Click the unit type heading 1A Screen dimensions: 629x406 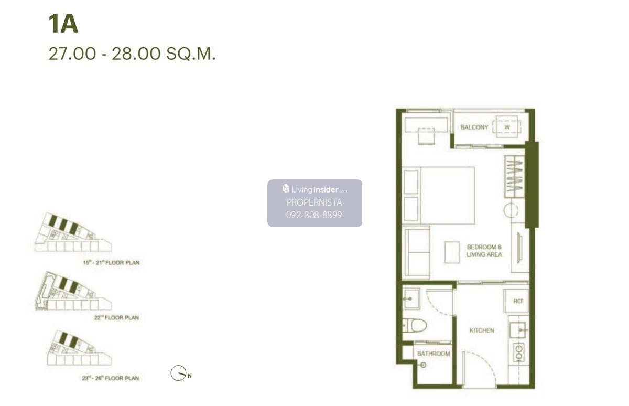click(63, 24)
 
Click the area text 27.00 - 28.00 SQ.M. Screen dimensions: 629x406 click(132, 54)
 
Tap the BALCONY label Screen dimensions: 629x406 click(474, 127)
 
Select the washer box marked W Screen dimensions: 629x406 click(507, 127)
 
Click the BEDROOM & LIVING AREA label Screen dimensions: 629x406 click(484, 251)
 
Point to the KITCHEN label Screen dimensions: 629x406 click(482, 330)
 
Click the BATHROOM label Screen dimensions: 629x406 click(433, 354)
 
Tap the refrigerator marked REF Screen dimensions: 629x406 click(516, 301)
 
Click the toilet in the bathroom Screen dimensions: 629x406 click(415, 326)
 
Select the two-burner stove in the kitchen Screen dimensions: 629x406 click(518, 352)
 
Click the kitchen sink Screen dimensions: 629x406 click(518, 330)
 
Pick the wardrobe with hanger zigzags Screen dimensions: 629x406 click(514, 177)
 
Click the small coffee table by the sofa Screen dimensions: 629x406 click(452, 252)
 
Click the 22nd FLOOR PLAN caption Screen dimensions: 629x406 click(116, 317)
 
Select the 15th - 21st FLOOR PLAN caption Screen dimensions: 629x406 click(111, 263)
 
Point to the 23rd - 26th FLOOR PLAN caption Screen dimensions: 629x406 click(111, 378)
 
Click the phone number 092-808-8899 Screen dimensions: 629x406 click(314, 215)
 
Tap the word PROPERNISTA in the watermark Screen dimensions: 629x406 click(314, 202)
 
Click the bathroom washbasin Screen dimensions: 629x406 click(411, 298)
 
